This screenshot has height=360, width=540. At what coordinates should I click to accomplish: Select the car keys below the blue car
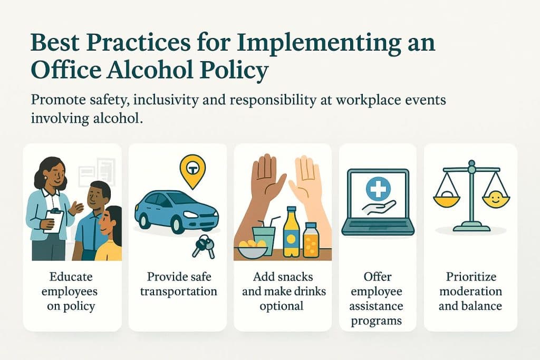[x=204, y=246]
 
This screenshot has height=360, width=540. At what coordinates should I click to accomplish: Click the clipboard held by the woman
[x=53, y=220]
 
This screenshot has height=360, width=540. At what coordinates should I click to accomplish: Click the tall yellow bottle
[x=291, y=232]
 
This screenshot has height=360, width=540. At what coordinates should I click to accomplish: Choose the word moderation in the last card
[x=470, y=291]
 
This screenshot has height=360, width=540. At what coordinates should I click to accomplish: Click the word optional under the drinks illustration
[x=282, y=306]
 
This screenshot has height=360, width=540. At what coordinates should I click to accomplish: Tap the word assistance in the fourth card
[x=378, y=306]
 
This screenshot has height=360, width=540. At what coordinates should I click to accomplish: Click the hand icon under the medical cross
[x=378, y=207]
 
